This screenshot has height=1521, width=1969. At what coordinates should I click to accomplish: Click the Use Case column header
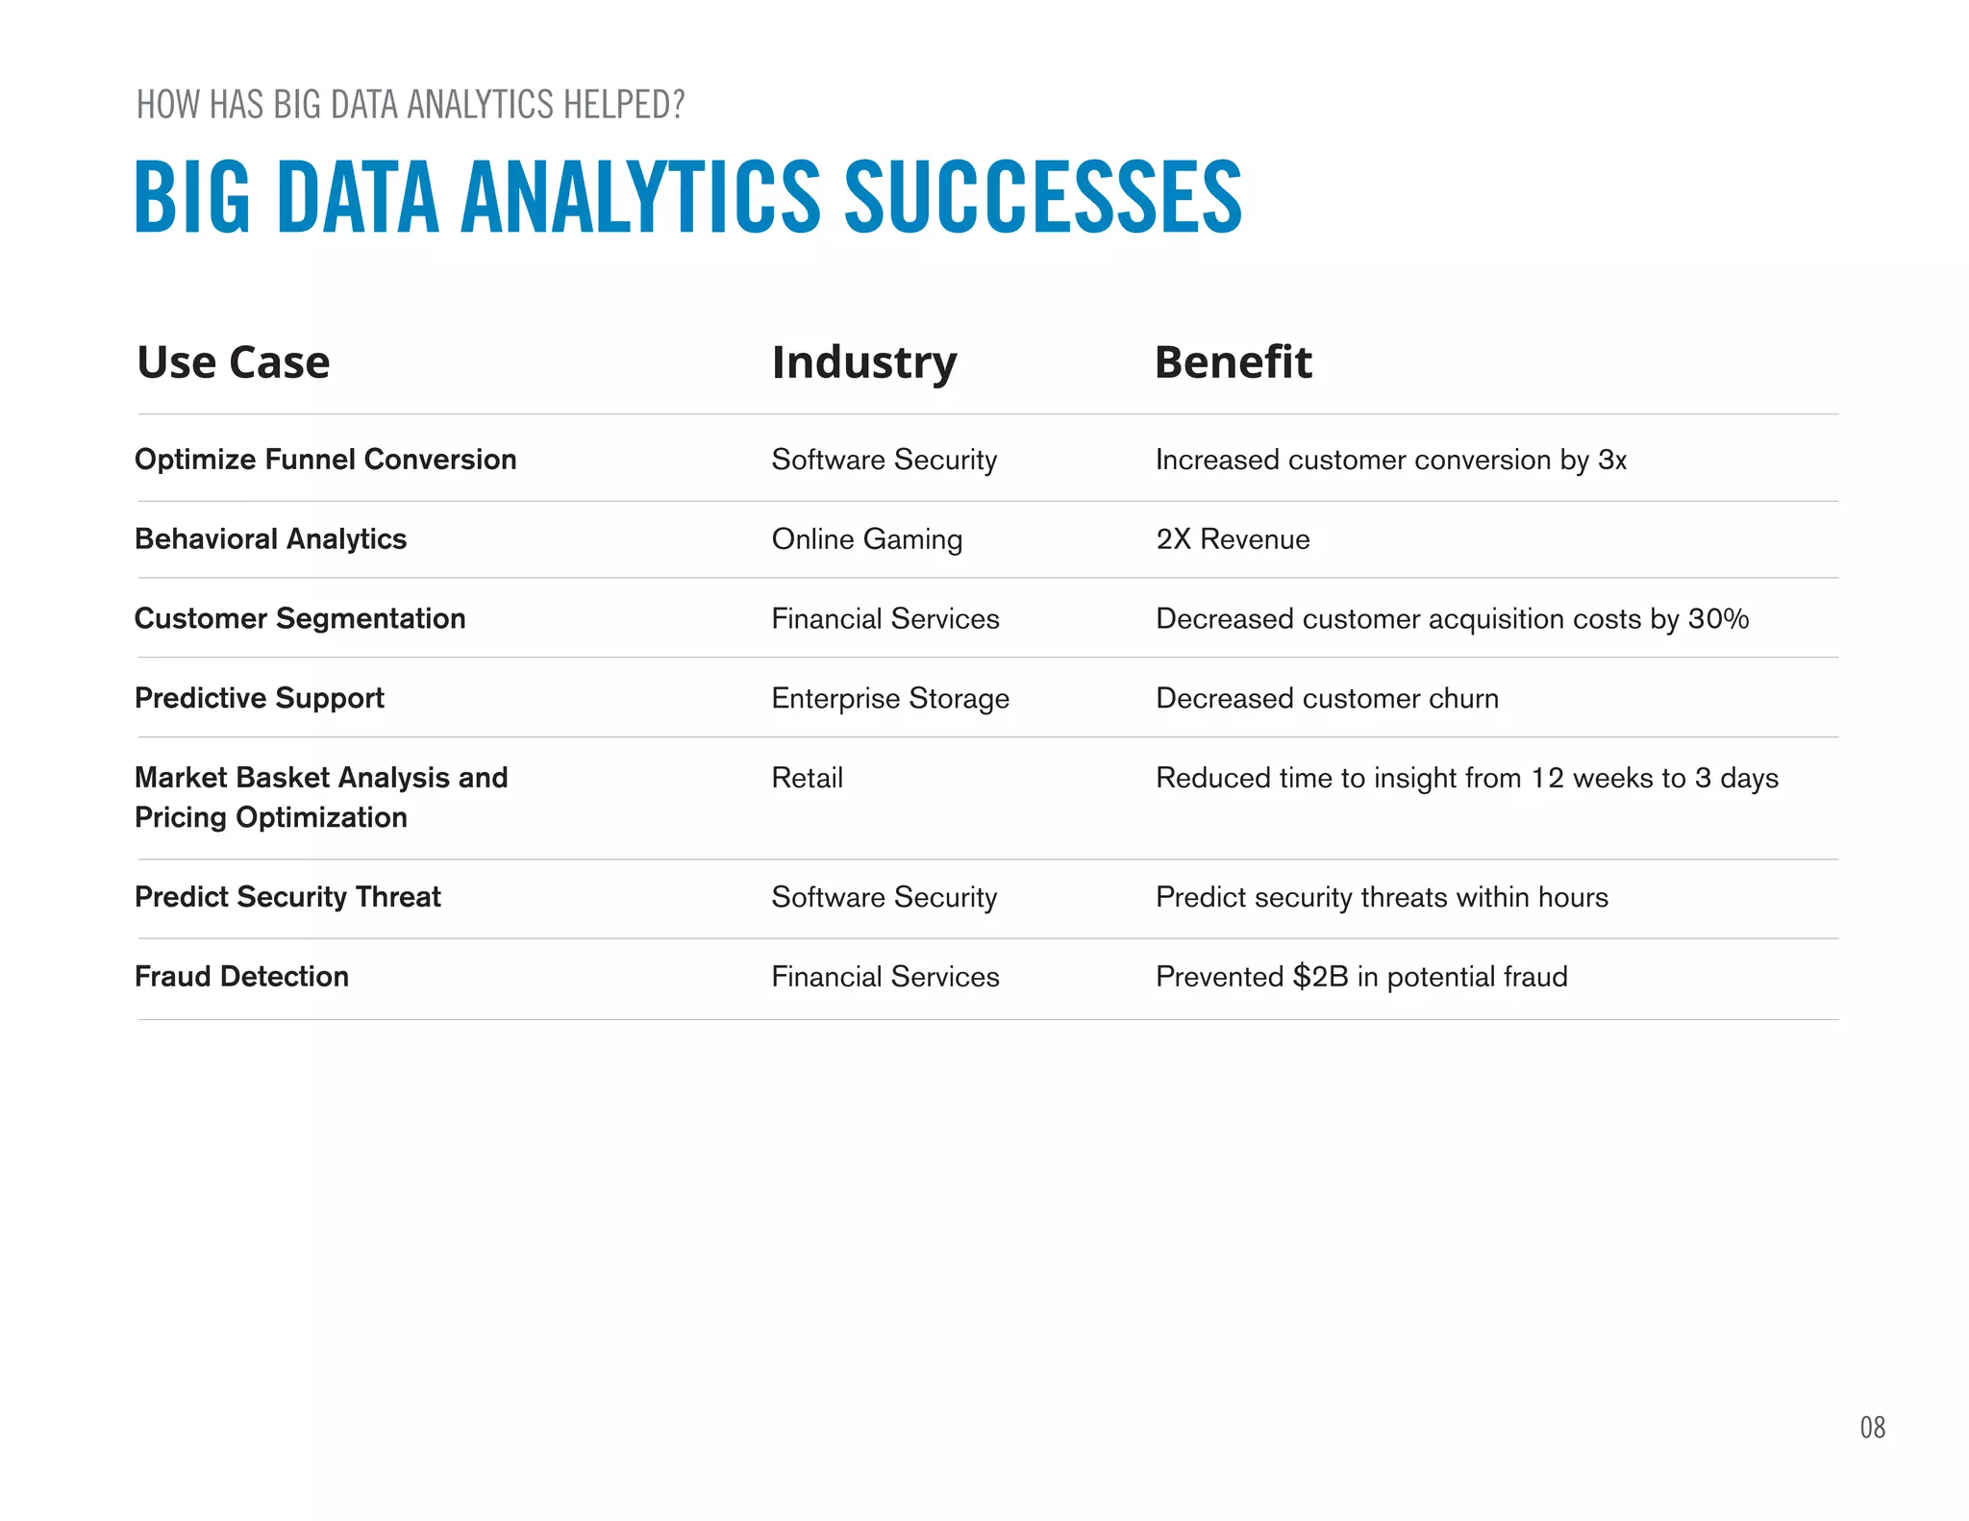(234, 362)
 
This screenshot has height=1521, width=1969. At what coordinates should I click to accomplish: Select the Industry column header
(863, 362)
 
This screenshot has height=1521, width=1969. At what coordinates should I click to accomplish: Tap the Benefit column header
(1233, 362)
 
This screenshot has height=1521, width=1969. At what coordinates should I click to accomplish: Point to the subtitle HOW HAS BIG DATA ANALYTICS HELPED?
(411, 104)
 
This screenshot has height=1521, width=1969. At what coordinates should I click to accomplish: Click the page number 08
(1872, 1428)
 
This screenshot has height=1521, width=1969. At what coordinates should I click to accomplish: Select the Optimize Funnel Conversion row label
(325, 460)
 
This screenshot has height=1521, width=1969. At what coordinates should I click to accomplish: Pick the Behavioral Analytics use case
(270, 539)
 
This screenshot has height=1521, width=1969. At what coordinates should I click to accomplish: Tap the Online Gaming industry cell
(866, 539)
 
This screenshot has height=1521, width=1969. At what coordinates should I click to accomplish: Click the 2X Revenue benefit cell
(1233, 539)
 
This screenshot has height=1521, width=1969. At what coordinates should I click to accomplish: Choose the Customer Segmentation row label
(300, 618)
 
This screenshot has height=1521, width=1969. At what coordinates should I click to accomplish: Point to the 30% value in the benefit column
(1718, 618)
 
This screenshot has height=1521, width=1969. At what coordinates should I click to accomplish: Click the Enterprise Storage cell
(890, 698)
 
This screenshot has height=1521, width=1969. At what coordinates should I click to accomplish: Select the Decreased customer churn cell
(1327, 698)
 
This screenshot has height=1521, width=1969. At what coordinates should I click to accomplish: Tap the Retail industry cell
(807, 778)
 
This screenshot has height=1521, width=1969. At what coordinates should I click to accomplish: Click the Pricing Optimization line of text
(271, 817)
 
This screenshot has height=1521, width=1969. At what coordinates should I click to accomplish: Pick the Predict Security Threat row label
(287, 897)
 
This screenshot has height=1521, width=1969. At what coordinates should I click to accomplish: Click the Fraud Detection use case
(241, 977)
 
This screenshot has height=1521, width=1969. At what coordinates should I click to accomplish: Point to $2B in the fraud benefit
(1320, 977)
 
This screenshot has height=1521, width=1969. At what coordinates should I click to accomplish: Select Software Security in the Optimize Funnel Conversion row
(884, 460)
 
